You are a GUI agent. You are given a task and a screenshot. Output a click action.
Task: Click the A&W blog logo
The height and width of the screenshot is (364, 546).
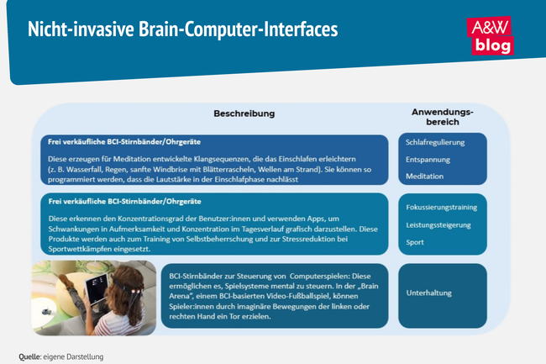pyautogui.click(x=491, y=35)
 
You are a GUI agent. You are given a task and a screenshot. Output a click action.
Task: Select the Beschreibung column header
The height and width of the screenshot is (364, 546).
pyautogui.click(x=244, y=113)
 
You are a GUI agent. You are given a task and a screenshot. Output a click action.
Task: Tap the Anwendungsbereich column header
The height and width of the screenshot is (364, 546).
pyautogui.click(x=442, y=117)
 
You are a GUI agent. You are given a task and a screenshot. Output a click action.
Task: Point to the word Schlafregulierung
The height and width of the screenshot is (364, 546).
pyautogui.click(x=436, y=143)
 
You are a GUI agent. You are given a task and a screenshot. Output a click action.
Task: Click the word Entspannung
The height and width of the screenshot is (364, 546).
pyautogui.click(x=428, y=159)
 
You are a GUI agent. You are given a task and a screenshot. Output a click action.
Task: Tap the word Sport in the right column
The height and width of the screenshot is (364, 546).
pyautogui.click(x=416, y=242)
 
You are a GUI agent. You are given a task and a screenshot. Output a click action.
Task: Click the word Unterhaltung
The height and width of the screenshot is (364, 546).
pyautogui.click(x=429, y=293)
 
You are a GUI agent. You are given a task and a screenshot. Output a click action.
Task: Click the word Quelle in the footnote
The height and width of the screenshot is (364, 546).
pyautogui.click(x=30, y=356)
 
